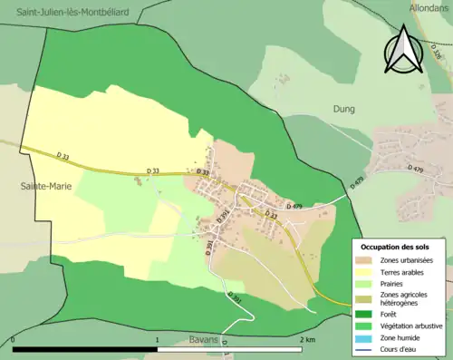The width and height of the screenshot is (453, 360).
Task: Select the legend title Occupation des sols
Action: tap(395, 247)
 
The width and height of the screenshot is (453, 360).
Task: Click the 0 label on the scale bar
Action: tap(14, 340)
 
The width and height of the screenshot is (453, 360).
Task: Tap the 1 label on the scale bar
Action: tap(158, 340)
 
